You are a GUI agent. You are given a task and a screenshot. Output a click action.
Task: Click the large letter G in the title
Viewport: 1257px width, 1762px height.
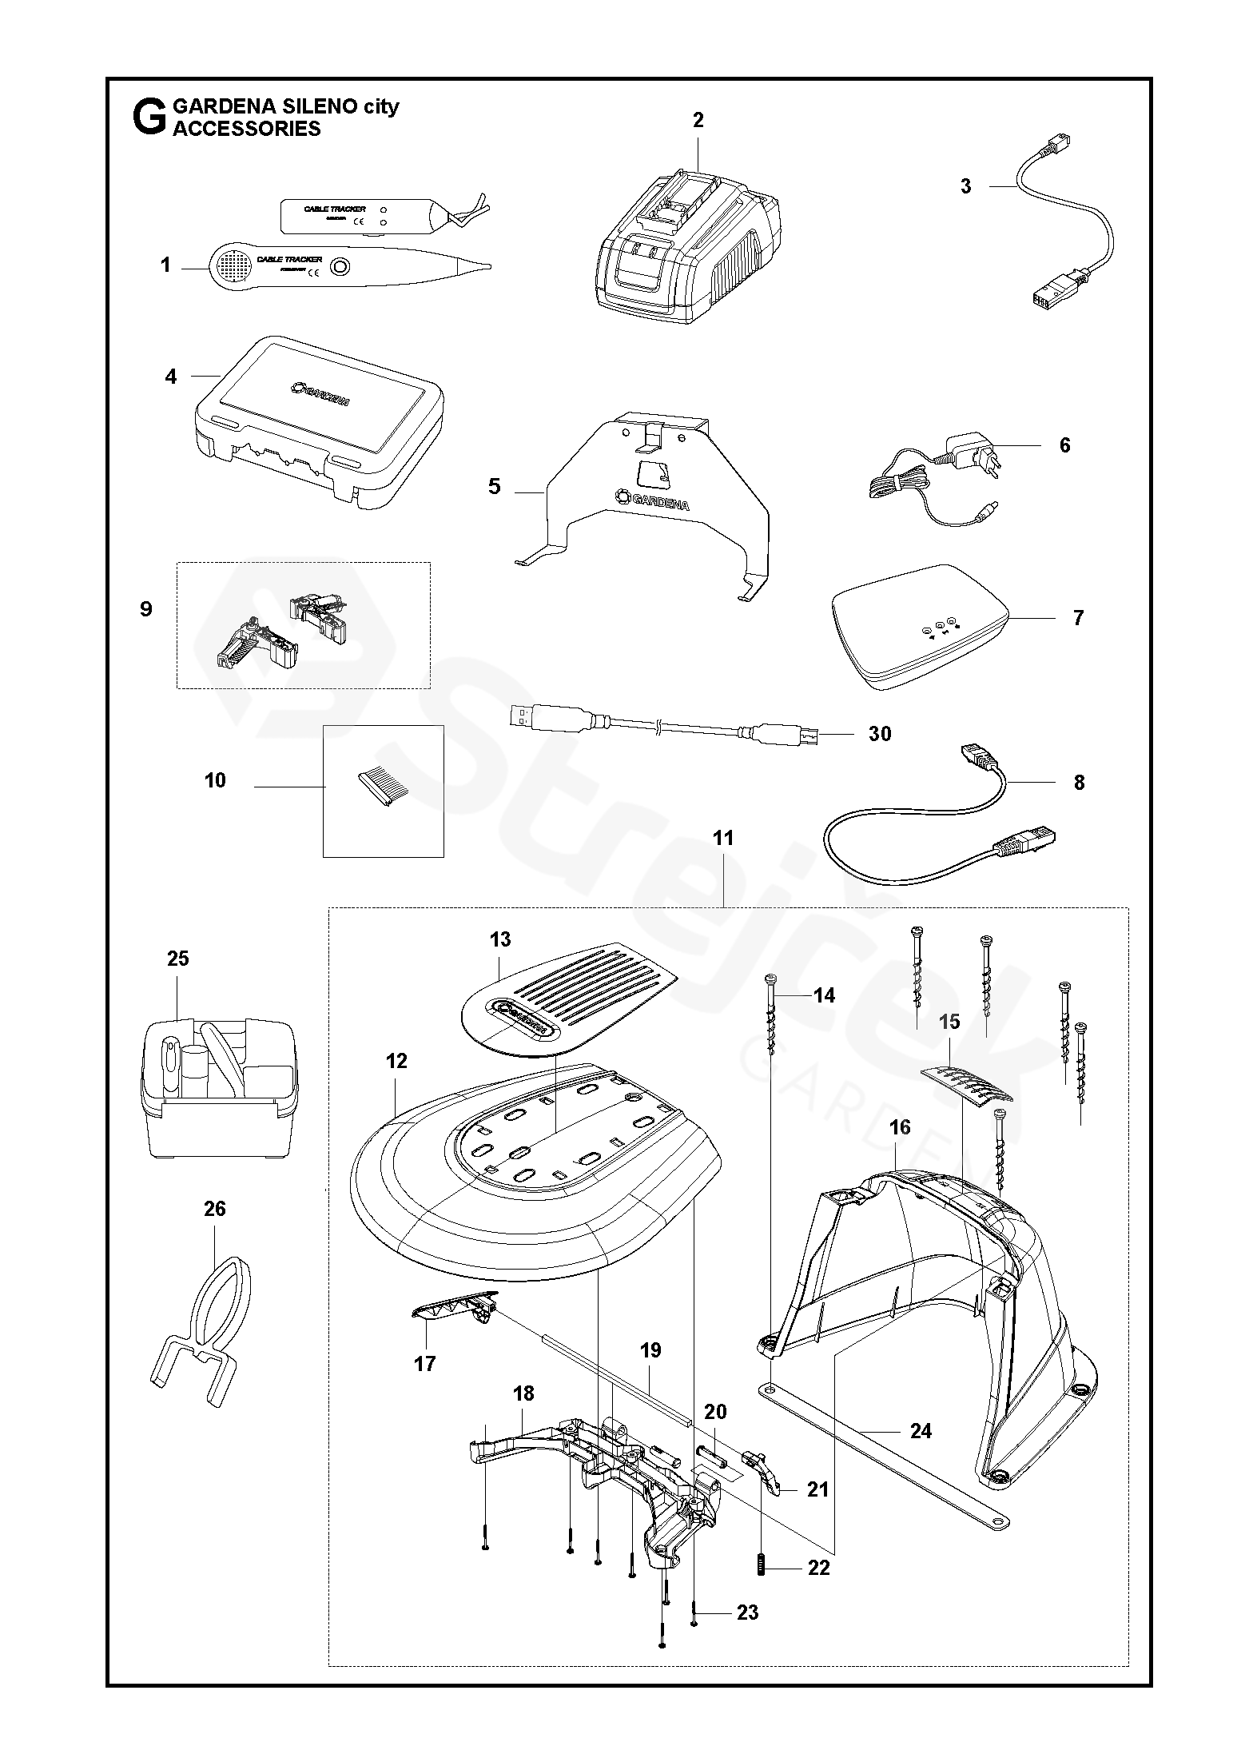click(x=149, y=118)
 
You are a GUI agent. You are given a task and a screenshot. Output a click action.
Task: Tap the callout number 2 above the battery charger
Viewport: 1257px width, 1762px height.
click(x=698, y=120)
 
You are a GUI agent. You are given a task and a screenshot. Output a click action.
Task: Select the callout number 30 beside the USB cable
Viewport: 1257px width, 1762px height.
click(x=879, y=733)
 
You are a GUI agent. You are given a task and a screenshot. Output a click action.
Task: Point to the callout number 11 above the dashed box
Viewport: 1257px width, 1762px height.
click(x=723, y=838)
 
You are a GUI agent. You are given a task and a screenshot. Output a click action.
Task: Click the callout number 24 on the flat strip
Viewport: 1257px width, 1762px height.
click(x=921, y=1430)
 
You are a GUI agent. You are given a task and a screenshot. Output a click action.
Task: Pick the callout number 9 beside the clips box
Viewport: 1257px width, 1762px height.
click(x=145, y=608)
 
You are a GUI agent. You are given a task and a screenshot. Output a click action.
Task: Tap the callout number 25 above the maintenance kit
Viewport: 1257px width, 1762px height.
click(x=177, y=958)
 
